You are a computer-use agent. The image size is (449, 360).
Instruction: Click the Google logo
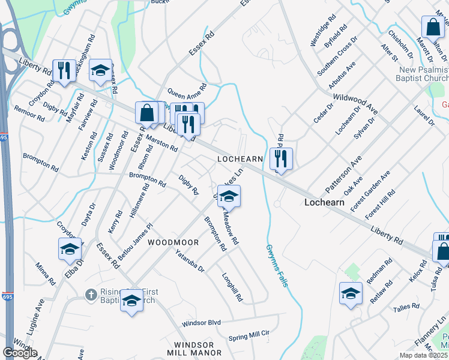(20, 352)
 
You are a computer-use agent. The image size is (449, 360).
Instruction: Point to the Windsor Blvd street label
(202, 323)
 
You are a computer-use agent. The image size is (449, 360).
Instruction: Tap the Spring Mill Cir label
(249, 336)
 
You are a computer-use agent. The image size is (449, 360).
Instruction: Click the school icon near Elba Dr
(70, 248)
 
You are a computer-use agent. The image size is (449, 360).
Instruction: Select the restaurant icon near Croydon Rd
(64, 70)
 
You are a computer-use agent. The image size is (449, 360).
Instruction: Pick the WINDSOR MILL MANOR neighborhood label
(194, 349)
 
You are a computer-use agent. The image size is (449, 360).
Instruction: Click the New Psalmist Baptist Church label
(423, 74)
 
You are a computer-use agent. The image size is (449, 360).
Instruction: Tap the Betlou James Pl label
(135, 241)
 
